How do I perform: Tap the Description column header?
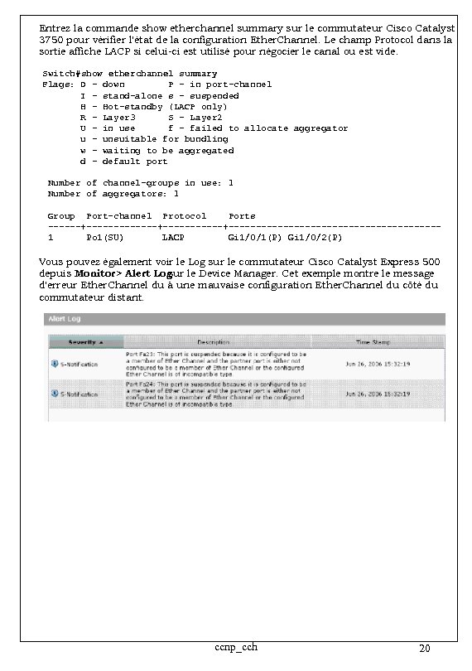213,341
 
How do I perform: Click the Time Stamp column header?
374,341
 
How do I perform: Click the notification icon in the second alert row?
55,394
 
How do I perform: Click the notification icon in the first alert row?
55,364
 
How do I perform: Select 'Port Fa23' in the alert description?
138,353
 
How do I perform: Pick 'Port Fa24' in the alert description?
138,384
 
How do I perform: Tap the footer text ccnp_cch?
235,646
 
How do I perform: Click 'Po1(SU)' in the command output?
104,238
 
